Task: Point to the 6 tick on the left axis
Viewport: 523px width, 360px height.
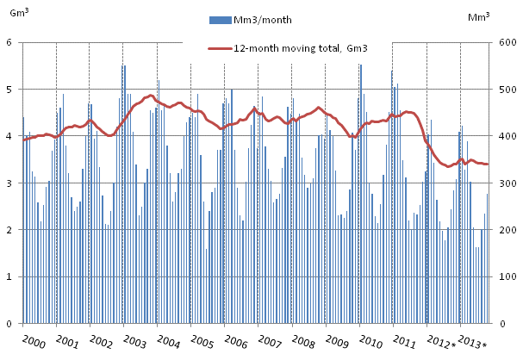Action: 9,42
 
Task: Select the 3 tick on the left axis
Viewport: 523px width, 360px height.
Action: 9,183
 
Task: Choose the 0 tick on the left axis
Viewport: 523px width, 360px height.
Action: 9,324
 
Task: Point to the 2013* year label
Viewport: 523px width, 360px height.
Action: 474,344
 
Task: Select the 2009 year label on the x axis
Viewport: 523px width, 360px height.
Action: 337,342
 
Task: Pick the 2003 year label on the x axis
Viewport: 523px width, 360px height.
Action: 134,342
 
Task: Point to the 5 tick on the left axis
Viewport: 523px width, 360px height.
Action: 9,90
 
